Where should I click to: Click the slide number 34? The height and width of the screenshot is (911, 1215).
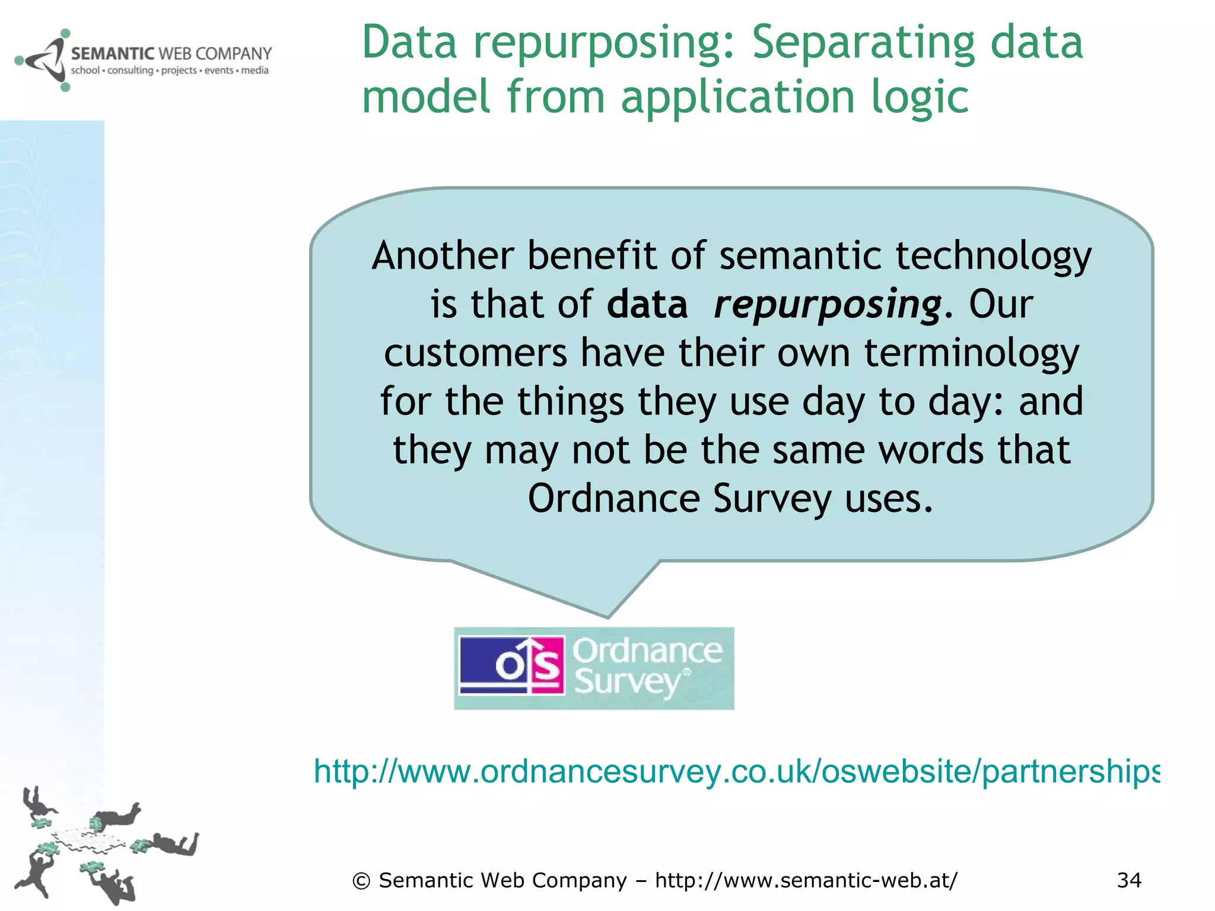tap(1128, 880)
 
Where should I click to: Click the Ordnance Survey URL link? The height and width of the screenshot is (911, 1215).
tap(736, 771)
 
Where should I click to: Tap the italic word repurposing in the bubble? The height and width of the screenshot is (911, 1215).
tap(827, 305)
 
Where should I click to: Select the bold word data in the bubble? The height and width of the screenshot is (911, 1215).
tap(647, 305)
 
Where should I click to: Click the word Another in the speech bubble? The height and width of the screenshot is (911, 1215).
tap(443, 256)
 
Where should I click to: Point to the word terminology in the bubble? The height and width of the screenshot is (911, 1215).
tap(971, 353)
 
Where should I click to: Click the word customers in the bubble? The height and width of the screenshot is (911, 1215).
tap(475, 353)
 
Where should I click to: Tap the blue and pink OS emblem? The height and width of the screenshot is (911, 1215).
tap(511, 666)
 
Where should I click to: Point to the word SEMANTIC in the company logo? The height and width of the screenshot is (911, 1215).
tap(112, 54)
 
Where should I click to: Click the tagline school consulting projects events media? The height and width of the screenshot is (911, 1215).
tap(170, 71)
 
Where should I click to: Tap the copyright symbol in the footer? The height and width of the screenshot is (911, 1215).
tap(361, 881)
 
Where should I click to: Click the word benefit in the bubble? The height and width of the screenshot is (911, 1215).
tap(591, 256)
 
